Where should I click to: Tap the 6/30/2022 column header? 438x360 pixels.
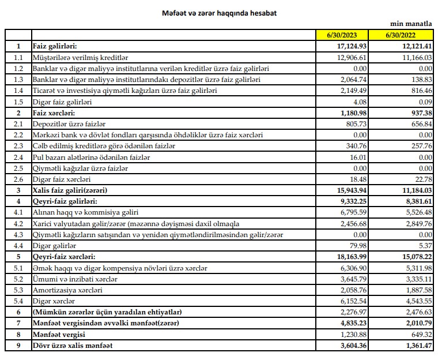click(407, 35)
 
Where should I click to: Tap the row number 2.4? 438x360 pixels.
click(18, 157)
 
